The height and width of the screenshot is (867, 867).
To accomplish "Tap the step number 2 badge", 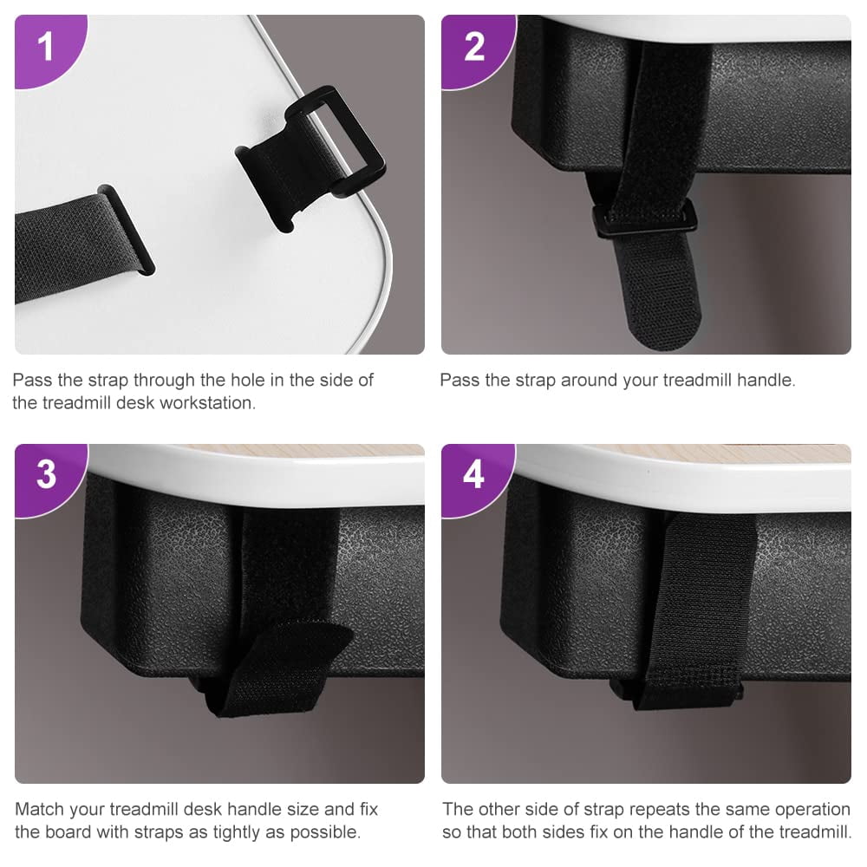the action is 474,48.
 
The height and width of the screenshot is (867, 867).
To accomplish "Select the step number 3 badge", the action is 47,475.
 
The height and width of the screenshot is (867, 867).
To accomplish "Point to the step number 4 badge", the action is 474,475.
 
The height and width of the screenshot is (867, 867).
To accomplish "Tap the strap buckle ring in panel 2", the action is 644,219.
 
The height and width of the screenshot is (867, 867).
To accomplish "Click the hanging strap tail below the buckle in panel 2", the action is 658,292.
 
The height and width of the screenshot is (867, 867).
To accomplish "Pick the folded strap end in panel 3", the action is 279,669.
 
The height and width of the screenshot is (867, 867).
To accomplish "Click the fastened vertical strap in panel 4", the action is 700,611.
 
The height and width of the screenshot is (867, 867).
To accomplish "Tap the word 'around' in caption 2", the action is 590,380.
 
